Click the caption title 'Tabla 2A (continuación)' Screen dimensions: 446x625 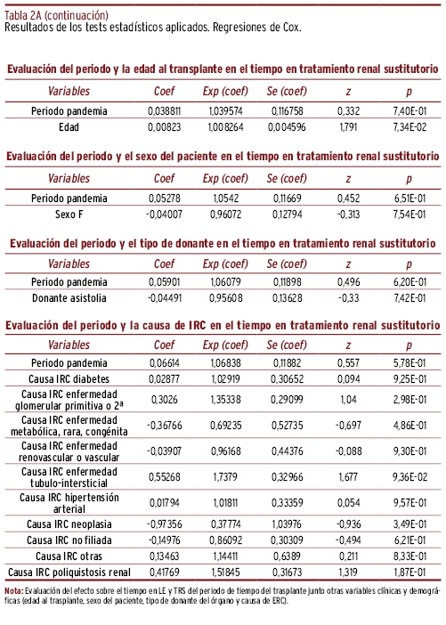coord(56,15)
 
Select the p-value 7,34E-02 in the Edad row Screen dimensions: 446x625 coord(410,127)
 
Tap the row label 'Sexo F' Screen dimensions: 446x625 coord(69,215)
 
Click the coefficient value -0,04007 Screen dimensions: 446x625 coord(164,215)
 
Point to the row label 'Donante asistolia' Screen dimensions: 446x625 coord(69,298)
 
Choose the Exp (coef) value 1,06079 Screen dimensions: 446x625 coord(225,282)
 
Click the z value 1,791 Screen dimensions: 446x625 coord(348,127)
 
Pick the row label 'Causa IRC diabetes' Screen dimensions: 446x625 coord(69,379)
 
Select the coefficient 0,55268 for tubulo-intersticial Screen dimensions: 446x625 coord(164,477)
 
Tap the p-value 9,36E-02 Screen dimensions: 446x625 coord(410,477)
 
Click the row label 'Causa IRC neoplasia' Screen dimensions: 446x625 coord(69,524)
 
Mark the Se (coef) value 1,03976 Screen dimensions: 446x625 coord(287,524)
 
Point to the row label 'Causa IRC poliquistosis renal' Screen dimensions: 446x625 coord(69,572)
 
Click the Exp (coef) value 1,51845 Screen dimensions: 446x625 coord(225,572)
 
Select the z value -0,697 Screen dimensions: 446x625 coord(348,426)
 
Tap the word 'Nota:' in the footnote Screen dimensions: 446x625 coord(14,590)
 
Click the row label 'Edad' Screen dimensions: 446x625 coord(69,127)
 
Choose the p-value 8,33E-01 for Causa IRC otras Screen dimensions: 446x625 coord(410,556)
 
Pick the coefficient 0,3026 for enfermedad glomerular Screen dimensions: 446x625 coord(164,400)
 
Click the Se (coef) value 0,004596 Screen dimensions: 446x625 coord(287,127)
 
